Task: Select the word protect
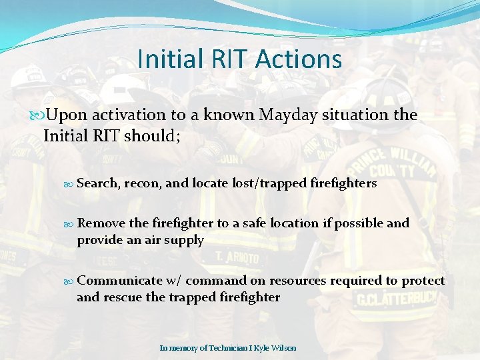[x=423, y=281]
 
